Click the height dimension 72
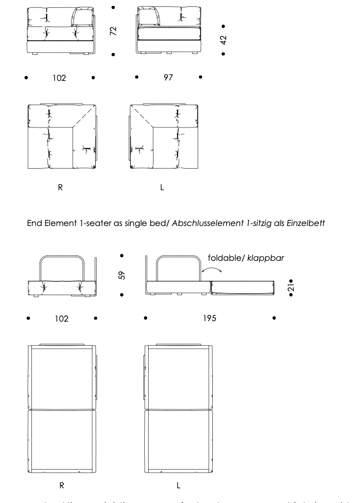click(113, 31)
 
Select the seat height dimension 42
click(224, 40)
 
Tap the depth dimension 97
click(168, 77)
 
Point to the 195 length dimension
click(209, 318)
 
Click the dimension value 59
click(122, 276)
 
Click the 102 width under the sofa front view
click(59, 78)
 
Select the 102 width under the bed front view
click(61, 319)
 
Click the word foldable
click(224, 258)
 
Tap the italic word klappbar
click(265, 258)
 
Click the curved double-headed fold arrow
click(211, 271)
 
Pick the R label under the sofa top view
click(60, 187)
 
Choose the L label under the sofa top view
click(162, 187)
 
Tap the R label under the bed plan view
click(62, 485)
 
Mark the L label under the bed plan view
click(179, 485)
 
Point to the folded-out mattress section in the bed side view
click(241, 288)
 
